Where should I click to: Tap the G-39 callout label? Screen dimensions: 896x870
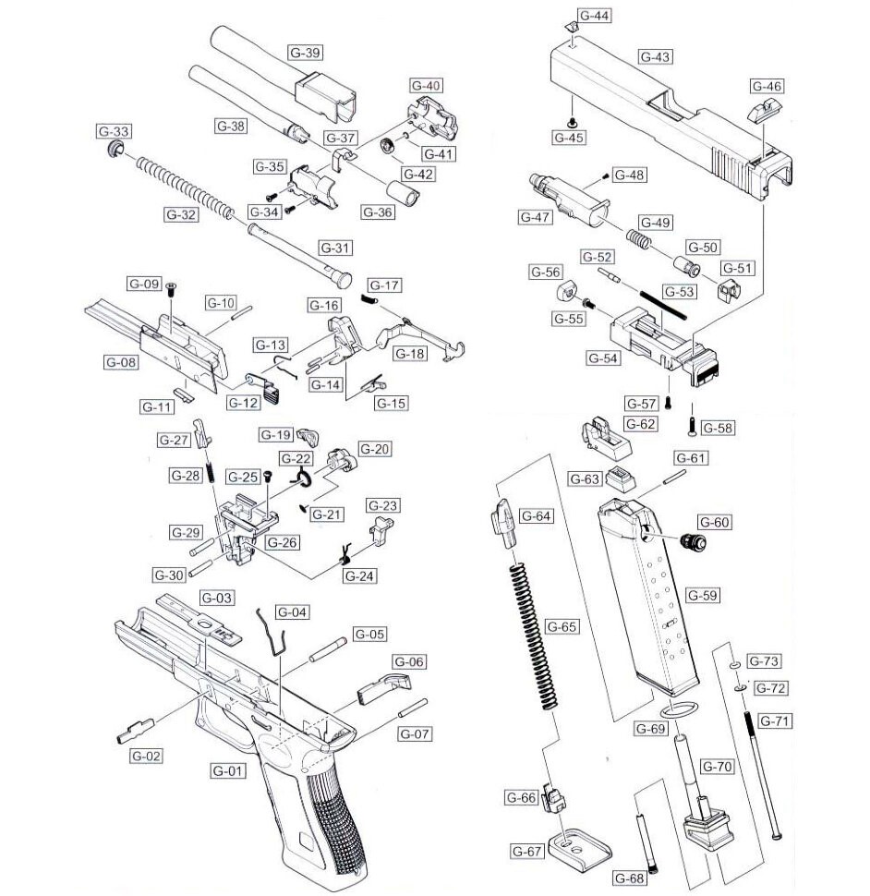305,53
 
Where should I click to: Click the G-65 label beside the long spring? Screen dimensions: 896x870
562,626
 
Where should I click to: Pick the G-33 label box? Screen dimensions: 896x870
114,131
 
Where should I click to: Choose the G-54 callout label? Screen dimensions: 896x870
602,357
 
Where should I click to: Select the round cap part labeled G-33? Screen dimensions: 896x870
116,150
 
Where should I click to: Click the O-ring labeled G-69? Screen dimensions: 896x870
676,709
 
